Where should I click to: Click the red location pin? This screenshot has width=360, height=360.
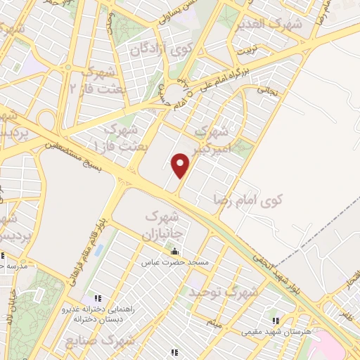pyautogui.click(x=181, y=166)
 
